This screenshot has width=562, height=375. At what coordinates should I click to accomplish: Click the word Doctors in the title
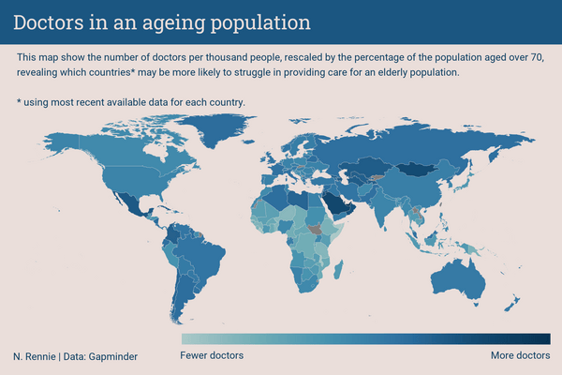tap(49, 22)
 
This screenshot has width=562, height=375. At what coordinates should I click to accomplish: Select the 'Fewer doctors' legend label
tap(212, 355)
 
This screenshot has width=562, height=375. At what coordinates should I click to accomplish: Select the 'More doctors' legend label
tap(521, 355)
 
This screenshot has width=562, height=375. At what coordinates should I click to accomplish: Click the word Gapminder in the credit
tap(113, 356)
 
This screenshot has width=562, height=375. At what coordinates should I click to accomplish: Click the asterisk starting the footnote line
tap(19, 101)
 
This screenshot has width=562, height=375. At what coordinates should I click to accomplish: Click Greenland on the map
tap(215, 127)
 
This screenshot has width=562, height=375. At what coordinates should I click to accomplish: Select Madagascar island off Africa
tap(338, 270)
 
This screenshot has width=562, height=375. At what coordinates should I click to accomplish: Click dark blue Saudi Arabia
tap(336, 203)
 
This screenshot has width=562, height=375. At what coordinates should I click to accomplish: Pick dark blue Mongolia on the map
tap(418, 169)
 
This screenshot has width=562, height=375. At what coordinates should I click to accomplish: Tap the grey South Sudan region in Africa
tap(315, 230)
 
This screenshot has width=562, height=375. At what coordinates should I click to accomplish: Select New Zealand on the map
tap(511, 303)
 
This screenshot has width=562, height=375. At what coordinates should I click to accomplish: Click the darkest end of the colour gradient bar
tap(548, 339)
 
